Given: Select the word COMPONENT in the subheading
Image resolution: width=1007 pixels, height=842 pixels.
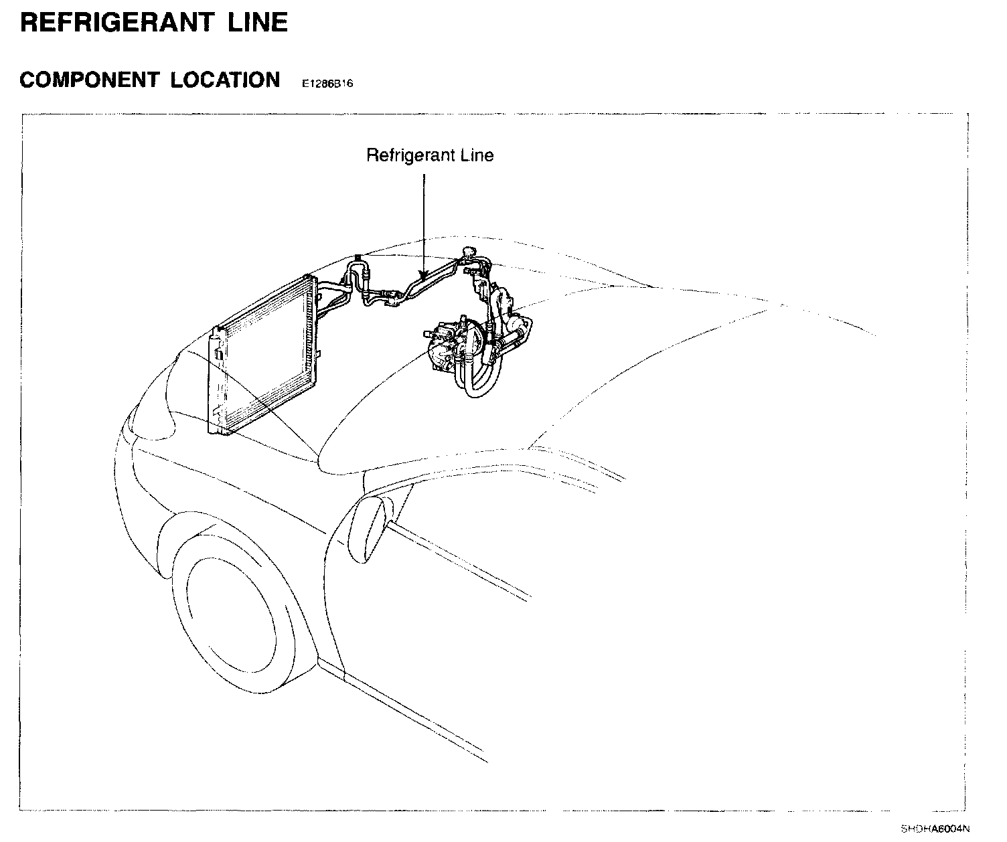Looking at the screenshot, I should (88, 80).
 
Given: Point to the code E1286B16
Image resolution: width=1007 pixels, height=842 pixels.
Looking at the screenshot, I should (327, 84).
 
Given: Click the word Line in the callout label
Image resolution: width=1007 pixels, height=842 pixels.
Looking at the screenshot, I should (477, 155).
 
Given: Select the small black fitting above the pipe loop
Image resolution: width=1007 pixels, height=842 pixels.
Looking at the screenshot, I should (358, 256).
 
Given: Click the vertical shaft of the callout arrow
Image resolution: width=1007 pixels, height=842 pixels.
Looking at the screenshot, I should (423, 221).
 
